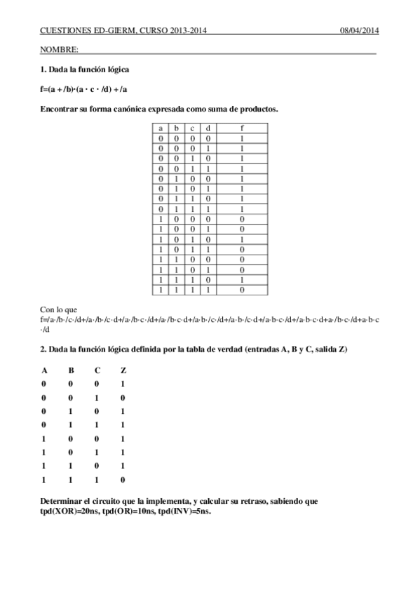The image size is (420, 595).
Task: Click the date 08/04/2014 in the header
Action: [x=359, y=31]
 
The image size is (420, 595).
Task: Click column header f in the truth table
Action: [x=242, y=128]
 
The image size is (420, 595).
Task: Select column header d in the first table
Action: [x=209, y=128]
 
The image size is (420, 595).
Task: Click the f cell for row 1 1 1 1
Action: [x=242, y=289]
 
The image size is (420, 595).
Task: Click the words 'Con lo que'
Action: [x=59, y=309]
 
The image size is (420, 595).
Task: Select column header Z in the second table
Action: [x=123, y=370]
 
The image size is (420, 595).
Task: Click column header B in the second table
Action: [x=70, y=370]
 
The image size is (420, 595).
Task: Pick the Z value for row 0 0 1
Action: [x=123, y=397]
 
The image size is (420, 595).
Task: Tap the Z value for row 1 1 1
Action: [x=123, y=480]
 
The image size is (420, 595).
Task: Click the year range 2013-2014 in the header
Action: [x=183, y=31]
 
